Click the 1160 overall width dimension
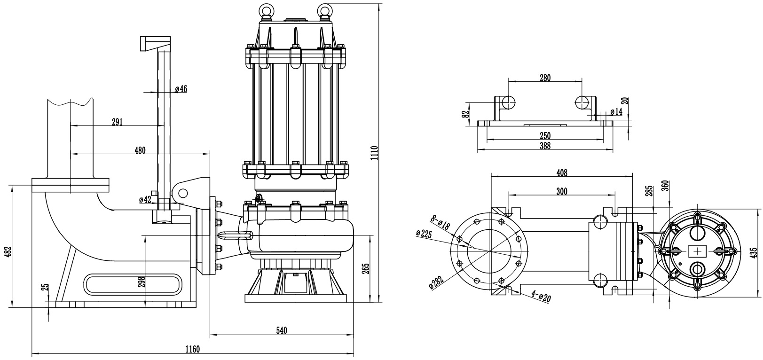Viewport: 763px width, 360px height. coord(192,349)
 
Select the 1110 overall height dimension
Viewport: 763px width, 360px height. coord(374,153)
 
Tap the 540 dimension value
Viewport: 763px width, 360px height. coord(281,330)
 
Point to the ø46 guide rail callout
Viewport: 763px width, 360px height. coord(181,89)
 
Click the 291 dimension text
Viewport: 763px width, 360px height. coord(117,122)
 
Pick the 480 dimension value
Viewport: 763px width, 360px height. coord(140,150)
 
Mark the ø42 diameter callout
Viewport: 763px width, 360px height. coord(145,200)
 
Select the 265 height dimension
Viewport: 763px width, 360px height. coord(366,268)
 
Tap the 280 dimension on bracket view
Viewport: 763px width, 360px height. coord(545,78)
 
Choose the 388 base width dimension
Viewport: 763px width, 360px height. coord(545,146)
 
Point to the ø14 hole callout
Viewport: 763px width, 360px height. coord(616,112)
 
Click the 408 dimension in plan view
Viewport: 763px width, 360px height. coord(562,172)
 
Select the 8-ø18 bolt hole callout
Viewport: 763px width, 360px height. coord(440,222)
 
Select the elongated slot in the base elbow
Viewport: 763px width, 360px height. coord(133,284)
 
